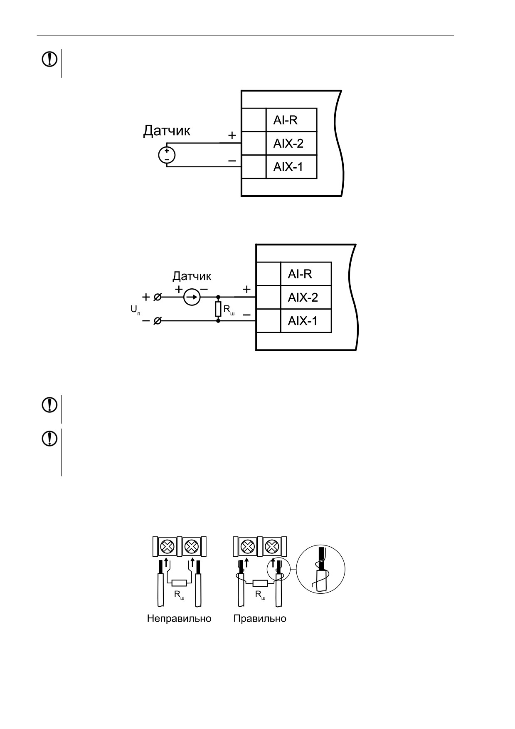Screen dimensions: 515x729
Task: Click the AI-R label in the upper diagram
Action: pyautogui.click(x=285, y=120)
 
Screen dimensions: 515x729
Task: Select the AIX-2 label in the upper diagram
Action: pyautogui.click(x=288, y=144)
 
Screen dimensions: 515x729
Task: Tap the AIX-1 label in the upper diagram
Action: pyautogui.click(x=288, y=167)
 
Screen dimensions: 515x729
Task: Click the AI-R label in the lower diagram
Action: pyautogui.click(x=300, y=274)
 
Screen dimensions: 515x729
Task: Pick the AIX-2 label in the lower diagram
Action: pyautogui.click(x=303, y=298)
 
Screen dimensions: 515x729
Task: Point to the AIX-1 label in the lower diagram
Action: pyautogui.click(x=303, y=321)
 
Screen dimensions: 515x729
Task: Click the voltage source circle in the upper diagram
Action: pyautogui.click(x=167, y=155)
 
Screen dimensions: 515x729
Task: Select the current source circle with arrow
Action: pyautogui.click(x=192, y=297)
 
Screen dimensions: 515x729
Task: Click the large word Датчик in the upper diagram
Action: pyautogui.click(x=167, y=131)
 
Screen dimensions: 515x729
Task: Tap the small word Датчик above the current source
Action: pyautogui.click(x=192, y=276)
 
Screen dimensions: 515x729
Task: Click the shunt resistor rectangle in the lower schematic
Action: pyautogui.click(x=218, y=309)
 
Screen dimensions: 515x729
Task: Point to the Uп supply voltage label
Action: pyautogui.click(x=135, y=310)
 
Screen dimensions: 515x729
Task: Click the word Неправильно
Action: pyautogui.click(x=179, y=618)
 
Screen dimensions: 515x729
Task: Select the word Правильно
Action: pyautogui.click(x=260, y=618)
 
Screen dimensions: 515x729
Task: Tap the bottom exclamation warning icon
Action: pyautogui.click(x=49, y=439)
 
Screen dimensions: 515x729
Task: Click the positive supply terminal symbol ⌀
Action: pyautogui.click(x=158, y=297)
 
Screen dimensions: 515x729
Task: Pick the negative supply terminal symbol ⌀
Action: pyautogui.click(x=158, y=321)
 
